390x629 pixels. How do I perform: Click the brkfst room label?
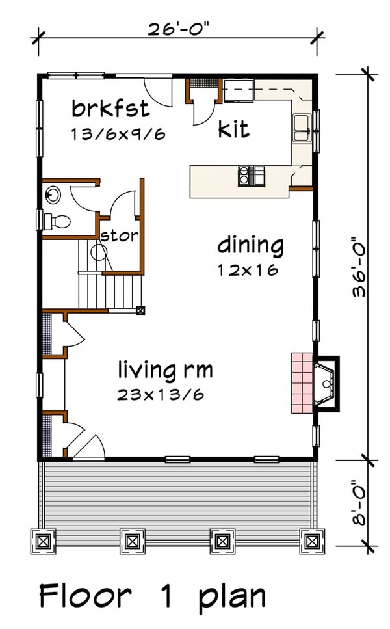point(111,107)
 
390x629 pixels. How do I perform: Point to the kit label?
point(233,129)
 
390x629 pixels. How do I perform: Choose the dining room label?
point(250,247)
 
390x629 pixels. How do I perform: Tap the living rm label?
point(165,370)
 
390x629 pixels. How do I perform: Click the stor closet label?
point(119,235)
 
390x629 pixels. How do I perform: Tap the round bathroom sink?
point(53,193)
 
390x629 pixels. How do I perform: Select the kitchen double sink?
point(302,128)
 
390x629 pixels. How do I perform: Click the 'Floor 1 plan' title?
point(153,596)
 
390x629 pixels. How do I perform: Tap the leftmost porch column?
point(43,540)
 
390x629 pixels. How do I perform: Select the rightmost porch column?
point(311,540)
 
